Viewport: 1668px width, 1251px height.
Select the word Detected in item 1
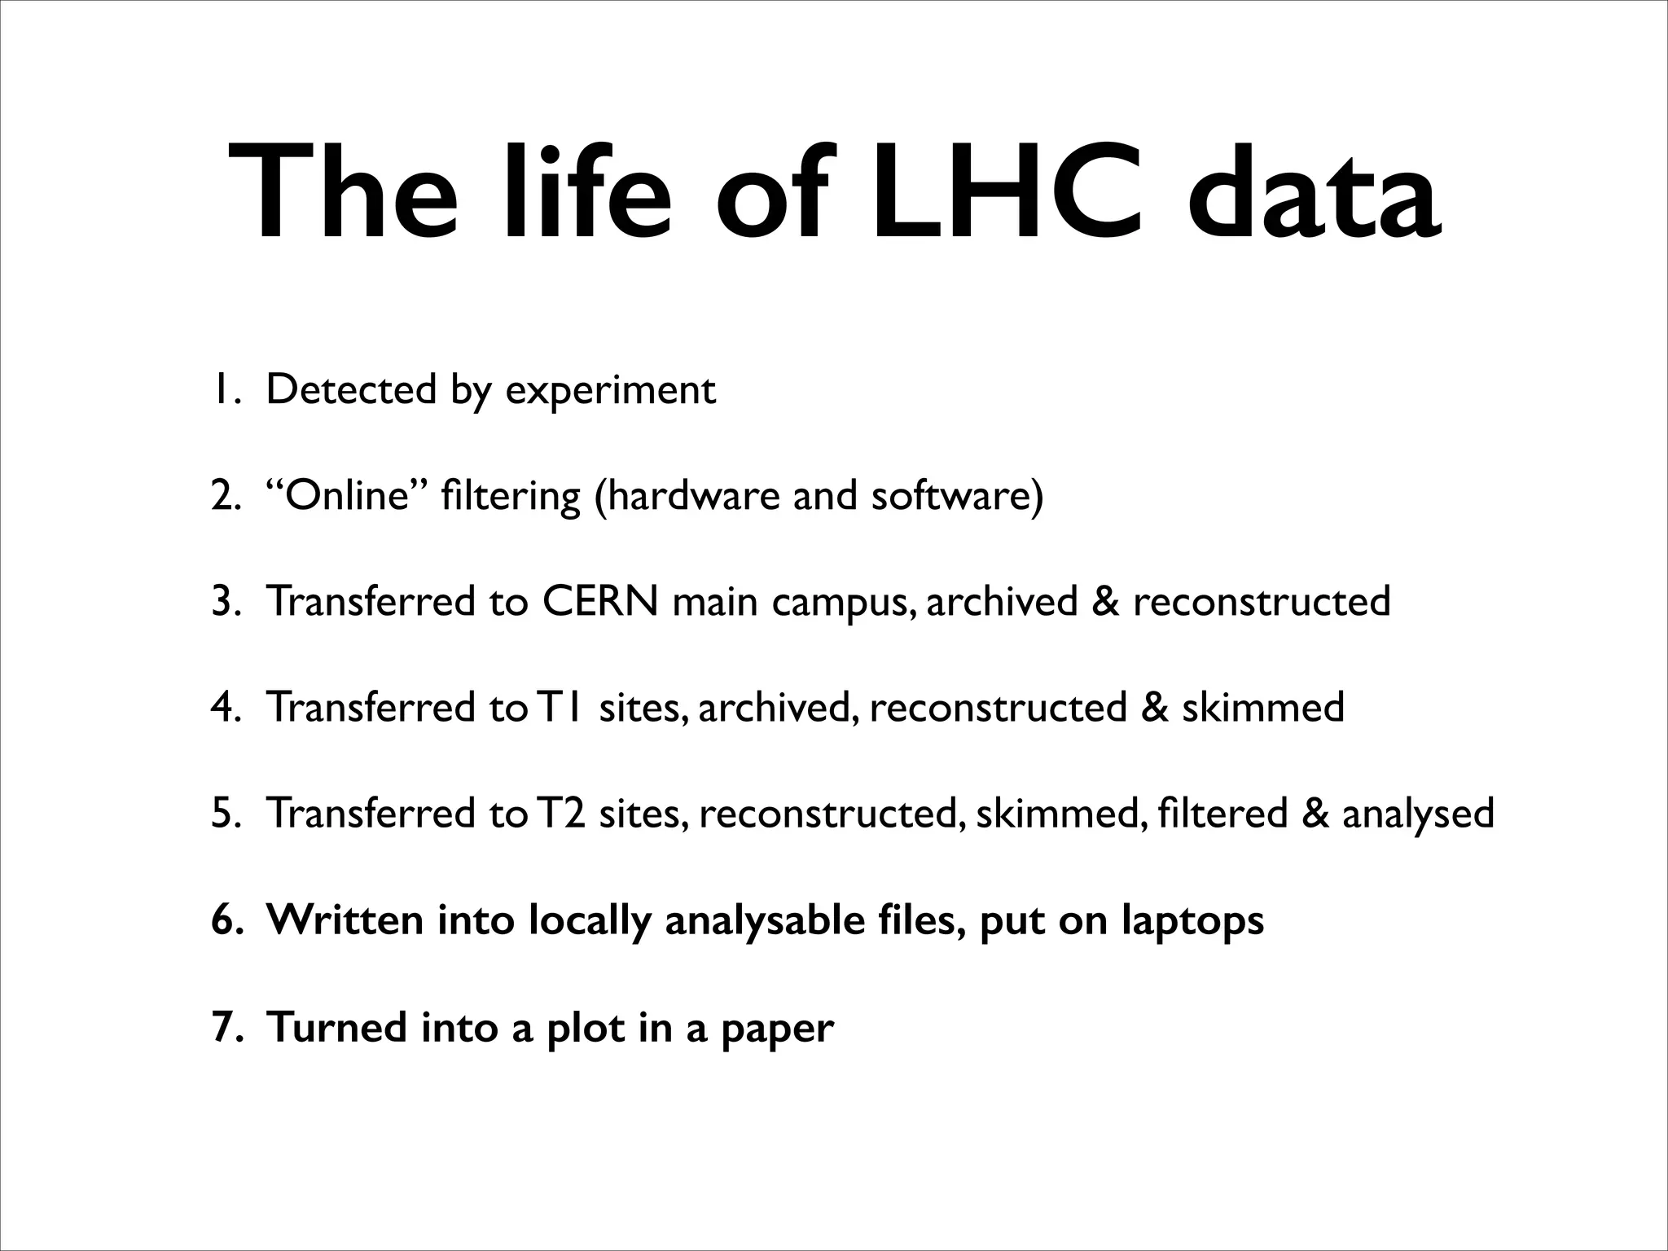[x=351, y=389]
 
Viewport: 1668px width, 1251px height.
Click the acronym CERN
[x=600, y=601]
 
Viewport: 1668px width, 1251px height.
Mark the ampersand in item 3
[x=1106, y=601]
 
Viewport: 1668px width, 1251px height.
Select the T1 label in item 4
[x=559, y=707]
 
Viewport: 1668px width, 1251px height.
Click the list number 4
[x=222, y=707]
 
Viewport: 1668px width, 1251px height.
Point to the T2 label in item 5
[x=560, y=813]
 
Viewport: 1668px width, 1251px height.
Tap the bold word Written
[x=345, y=920]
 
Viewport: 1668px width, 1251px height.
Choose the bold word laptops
[x=1192, y=921]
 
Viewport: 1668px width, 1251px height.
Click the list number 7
[x=222, y=1026]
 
